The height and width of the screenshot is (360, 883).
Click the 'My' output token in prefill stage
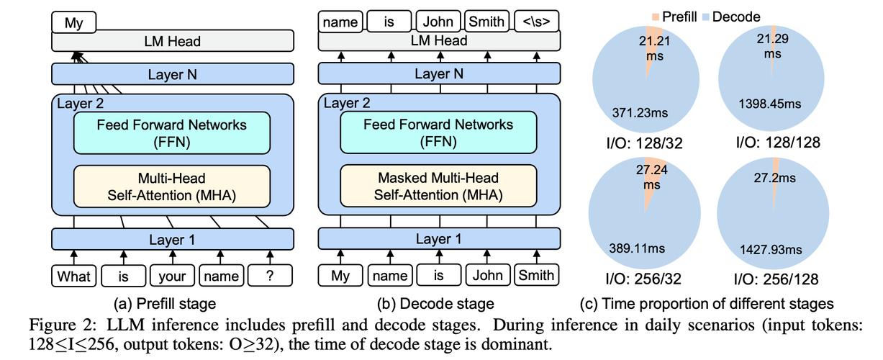click(x=73, y=22)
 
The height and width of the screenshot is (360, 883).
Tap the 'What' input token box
click(x=73, y=275)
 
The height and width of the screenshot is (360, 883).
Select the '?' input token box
click(x=271, y=275)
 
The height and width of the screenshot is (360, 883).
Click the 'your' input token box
click(x=172, y=275)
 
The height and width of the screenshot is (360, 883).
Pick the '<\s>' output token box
click(x=536, y=22)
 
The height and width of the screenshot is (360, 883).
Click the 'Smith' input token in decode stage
click(x=536, y=275)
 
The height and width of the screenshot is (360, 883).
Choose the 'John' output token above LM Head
click(x=438, y=22)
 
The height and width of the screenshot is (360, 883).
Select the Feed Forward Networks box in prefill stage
click(x=172, y=132)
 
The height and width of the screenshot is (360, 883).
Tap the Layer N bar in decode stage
click(x=438, y=74)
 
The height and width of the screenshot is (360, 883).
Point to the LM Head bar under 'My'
click(x=172, y=41)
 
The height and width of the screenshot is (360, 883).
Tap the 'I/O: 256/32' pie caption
click(x=645, y=279)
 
